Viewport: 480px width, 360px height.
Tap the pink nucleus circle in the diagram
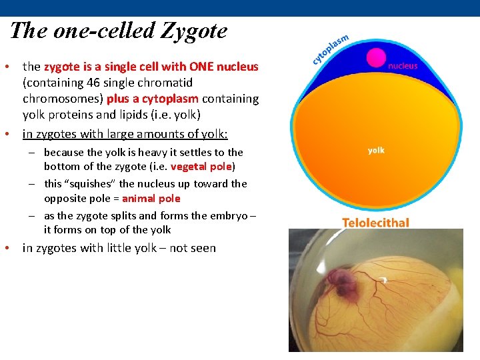[x=377, y=57]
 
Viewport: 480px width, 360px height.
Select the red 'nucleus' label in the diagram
[x=403, y=66]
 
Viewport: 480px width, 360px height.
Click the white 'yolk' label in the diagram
[x=376, y=151]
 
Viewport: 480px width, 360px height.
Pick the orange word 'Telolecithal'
[x=375, y=223]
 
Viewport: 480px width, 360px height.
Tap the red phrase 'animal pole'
[x=151, y=199]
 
